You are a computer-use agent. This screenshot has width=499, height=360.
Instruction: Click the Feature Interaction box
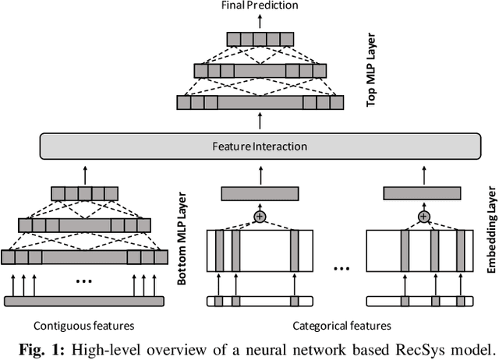point(258,146)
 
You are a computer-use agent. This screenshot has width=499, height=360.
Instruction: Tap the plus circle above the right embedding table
point(423,216)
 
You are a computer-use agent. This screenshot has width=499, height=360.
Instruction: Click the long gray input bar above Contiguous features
point(84,301)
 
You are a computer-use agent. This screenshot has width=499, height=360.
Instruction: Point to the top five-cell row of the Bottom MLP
point(84,192)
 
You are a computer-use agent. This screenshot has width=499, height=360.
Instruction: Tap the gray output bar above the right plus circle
point(423,193)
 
